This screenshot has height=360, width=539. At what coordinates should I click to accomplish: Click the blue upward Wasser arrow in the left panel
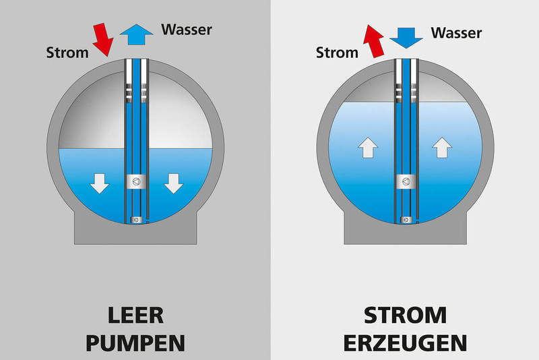(x=135, y=34)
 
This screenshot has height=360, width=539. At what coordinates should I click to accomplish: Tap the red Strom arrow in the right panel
(x=373, y=40)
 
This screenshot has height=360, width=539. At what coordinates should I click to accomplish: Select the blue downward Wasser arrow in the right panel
(x=406, y=36)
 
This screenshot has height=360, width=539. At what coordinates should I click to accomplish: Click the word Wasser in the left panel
(x=187, y=29)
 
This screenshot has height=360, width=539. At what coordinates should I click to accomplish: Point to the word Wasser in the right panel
(x=457, y=32)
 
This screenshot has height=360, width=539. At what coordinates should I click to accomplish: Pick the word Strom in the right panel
(x=337, y=52)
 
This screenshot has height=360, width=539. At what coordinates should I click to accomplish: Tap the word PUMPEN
(x=135, y=343)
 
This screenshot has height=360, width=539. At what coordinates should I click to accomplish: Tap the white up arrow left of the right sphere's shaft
(x=367, y=147)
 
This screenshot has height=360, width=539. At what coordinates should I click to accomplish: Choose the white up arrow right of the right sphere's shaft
(x=441, y=147)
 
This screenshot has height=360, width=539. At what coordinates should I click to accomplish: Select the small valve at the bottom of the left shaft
(x=137, y=218)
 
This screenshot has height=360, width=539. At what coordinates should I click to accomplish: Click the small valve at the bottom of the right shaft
(x=406, y=218)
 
